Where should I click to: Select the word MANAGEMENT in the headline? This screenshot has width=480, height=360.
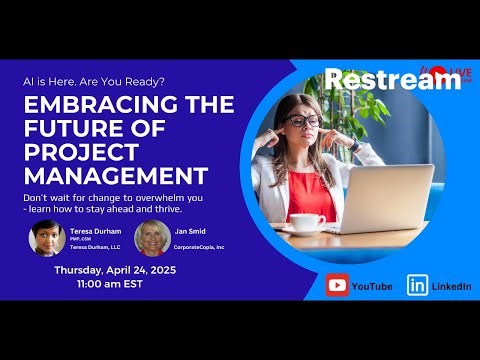116,176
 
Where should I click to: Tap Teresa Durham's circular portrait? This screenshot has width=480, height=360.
47,238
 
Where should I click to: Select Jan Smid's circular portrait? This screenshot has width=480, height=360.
150,239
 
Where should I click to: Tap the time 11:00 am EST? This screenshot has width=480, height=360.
112,286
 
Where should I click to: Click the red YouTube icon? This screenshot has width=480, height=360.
338,285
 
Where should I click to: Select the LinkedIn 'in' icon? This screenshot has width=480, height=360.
417,285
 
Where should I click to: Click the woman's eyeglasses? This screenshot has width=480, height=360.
304,120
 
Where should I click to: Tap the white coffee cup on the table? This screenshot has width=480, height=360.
307,220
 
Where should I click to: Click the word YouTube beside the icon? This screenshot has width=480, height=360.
373,286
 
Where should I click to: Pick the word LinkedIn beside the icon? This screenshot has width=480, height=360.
451,286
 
